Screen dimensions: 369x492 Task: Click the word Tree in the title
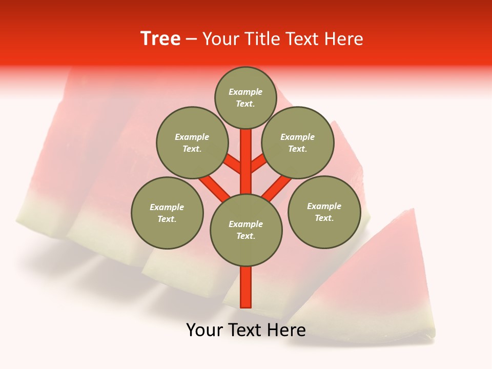(160, 39)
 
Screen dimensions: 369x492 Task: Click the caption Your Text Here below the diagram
(246, 330)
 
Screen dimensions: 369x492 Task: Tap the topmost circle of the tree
(245, 97)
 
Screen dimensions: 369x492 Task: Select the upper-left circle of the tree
(192, 142)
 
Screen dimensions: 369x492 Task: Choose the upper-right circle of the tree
(297, 142)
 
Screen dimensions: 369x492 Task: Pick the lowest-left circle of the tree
(167, 213)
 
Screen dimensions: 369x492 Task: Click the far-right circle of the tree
(324, 212)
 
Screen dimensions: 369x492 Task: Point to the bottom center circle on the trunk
(246, 230)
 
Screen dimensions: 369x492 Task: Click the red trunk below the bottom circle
(246, 287)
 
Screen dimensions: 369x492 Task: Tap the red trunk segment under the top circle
(246, 154)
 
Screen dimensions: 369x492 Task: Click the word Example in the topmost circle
(245, 92)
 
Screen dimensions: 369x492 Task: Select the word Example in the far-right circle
(324, 206)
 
